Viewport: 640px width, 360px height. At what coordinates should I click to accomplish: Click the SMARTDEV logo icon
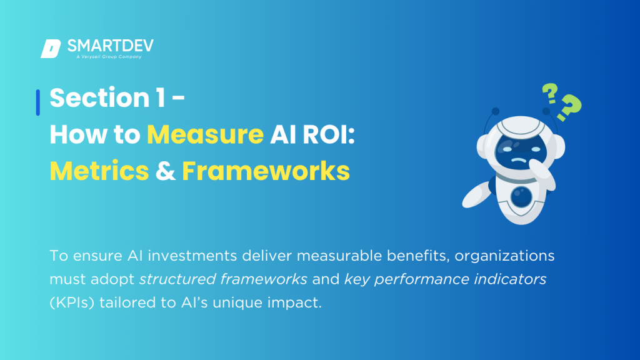point(50,49)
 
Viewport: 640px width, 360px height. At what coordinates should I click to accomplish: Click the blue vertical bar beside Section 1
point(38,102)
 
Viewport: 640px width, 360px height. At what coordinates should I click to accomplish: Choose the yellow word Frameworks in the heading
point(266,170)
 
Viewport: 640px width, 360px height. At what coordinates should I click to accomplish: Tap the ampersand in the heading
point(166,170)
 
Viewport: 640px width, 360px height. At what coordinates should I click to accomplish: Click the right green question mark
point(570,108)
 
